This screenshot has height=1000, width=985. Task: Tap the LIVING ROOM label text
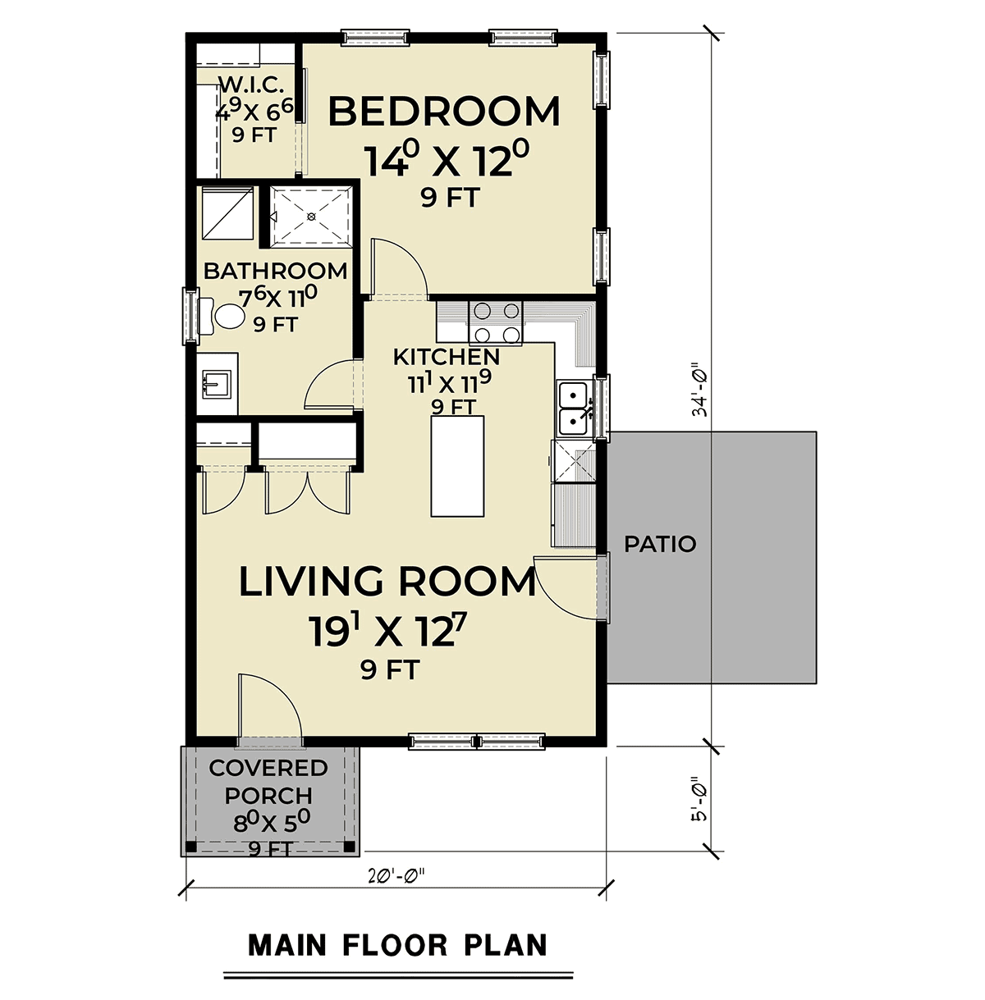[387, 582]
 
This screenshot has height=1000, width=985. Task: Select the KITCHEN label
[447, 357]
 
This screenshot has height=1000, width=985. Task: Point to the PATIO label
[660, 544]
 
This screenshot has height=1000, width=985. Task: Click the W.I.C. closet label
[250, 84]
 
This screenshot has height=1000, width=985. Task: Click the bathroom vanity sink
[218, 384]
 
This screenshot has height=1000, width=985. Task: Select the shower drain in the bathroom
[311, 217]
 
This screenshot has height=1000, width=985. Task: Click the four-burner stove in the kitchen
[496, 322]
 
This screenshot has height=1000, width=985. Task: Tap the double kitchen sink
[573, 407]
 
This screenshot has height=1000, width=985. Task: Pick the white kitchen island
[457, 465]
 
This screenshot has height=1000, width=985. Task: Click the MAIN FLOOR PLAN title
[398, 946]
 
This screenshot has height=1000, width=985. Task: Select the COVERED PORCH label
[268, 782]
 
